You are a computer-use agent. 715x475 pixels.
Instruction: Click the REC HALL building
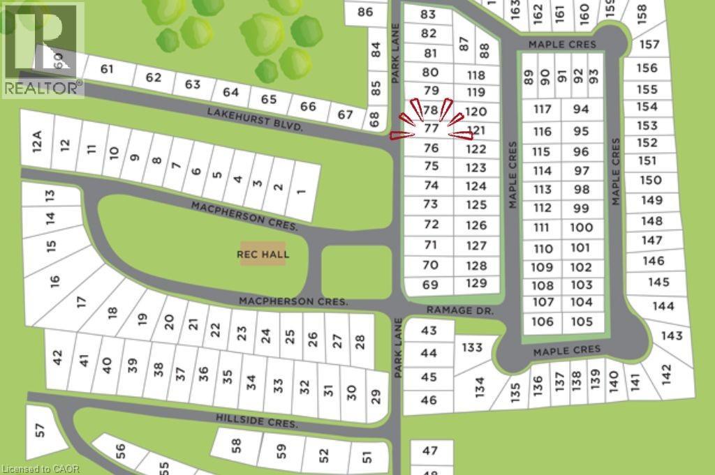pos(263,255)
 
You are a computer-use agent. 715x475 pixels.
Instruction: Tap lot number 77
pos(432,128)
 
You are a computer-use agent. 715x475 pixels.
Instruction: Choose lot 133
pos(473,347)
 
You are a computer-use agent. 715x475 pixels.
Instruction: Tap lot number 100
pos(581,227)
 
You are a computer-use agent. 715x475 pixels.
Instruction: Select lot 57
pos(40,430)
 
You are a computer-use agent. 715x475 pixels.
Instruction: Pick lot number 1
pos(301,190)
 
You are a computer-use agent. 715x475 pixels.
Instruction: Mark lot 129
pos(476,283)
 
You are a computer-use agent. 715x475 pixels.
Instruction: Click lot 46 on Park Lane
pos(429,400)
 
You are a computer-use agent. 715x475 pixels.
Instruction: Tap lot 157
pos(649,45)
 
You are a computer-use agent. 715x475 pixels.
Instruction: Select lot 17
pos(82,302)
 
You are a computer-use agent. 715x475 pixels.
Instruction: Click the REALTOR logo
pos(42,49)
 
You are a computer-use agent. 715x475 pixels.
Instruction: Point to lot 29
pos(376,395)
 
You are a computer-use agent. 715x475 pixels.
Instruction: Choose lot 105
pos(582,322)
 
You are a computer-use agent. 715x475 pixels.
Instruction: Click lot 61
pos(107,68)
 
